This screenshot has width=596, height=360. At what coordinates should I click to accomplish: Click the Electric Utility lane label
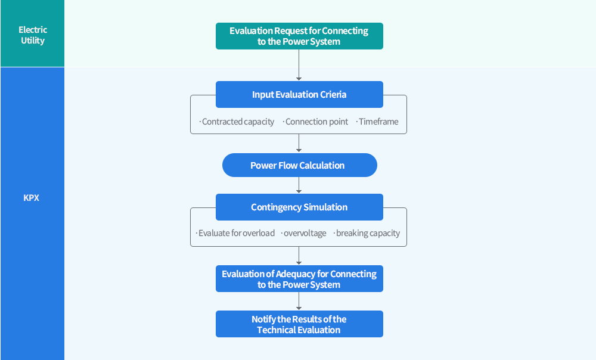click(x=32, y=35)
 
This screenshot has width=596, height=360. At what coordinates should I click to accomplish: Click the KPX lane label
click(x=32, y=197)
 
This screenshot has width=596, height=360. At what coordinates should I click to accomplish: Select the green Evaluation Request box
click(x=299, y=36)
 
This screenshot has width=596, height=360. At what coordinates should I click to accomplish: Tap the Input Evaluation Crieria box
click(x=299, y=94)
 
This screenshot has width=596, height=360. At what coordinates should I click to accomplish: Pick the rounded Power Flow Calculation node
click(x=299, y=165)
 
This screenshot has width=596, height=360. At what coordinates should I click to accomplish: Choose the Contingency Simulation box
click(x=299, y=207)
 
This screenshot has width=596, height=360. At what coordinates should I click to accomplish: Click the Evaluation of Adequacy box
click(x=299, y=279)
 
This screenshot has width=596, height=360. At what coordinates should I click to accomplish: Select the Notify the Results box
click(x=299, y=324)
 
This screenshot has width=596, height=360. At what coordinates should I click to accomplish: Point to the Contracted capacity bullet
click(x=237, y=122)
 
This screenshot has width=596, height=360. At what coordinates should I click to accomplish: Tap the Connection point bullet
click(x=316, y=122)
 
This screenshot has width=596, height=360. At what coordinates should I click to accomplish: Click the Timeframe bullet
click(x=378, y=122)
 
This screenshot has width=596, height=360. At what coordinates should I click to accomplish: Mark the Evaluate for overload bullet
click(x=235, y=233)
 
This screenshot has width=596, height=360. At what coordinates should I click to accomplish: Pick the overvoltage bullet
click(x=304, y=233)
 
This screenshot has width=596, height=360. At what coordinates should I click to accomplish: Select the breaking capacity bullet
click(x=367, y=233)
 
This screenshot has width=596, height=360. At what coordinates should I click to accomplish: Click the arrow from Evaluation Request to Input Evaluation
click(x=299, y=65)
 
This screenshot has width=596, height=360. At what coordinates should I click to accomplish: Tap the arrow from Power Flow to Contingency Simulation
click(x=299, y=185)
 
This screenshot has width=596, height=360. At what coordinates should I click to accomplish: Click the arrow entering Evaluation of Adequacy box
click(x=299, y=256)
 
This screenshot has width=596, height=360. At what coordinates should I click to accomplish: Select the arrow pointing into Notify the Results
click(x=299, y=302)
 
